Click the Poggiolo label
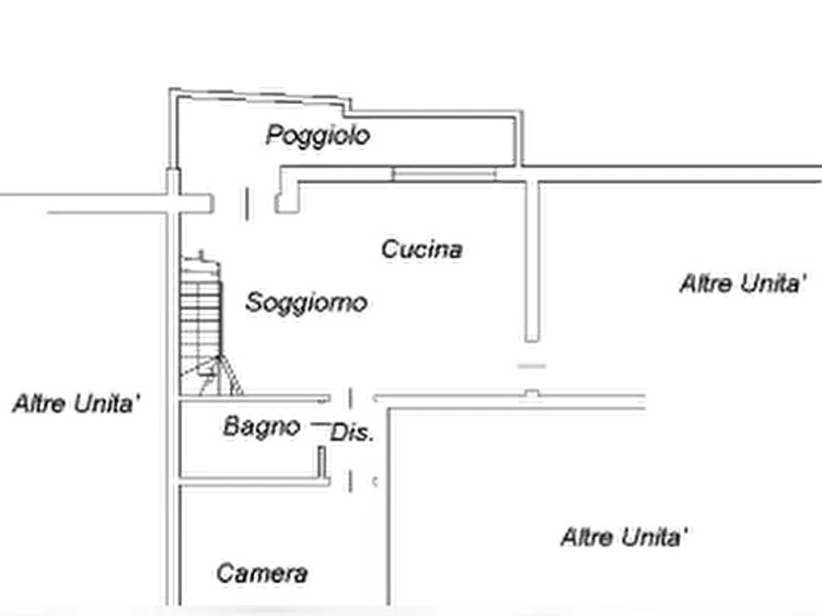318,135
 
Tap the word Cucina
421,248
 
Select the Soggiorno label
306,302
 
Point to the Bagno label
261,427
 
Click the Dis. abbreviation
351,432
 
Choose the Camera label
261,574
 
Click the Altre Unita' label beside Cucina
748,283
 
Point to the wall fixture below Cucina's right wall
531,368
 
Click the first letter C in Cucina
388,248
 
